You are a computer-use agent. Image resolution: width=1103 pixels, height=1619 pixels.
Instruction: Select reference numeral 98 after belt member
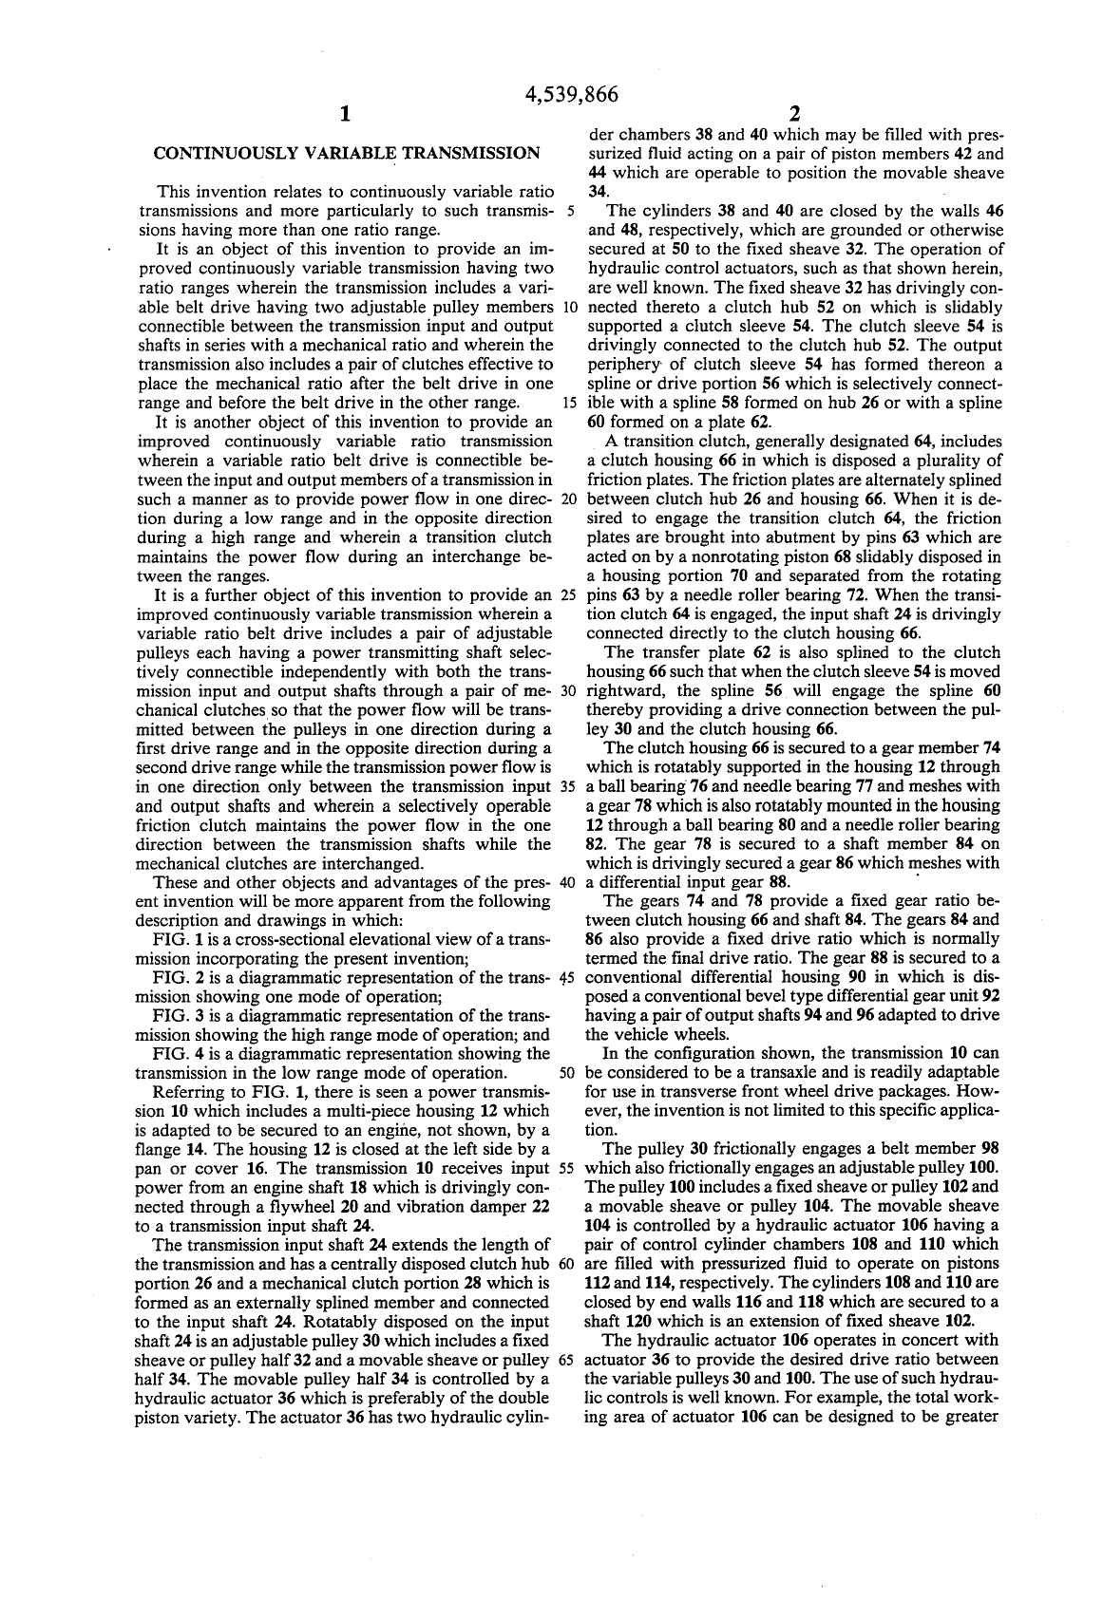[x=989, y=1149]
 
